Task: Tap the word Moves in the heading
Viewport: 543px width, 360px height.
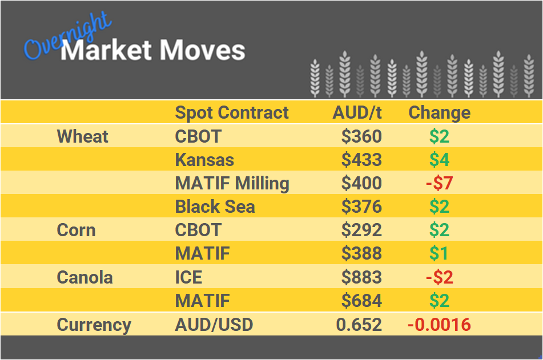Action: point(203,51)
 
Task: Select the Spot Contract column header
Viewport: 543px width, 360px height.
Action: point(232,112)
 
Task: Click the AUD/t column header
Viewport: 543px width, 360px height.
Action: point(357,112)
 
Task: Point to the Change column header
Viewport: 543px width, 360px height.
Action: point(439,112)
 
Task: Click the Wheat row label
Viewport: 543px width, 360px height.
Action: point(83,136)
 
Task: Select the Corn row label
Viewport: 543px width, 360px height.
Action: point(76,230)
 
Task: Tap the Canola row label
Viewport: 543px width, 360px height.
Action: point(85,278)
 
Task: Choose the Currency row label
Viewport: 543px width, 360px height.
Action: point(94,325)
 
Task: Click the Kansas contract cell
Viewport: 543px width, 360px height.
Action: point(204,160)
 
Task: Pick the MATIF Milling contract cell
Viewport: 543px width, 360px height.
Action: point(232,184)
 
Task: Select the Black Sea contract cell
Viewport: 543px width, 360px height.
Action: point(215,207)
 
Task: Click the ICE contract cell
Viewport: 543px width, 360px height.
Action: point(188,278)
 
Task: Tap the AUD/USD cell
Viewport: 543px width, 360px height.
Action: point(214,325)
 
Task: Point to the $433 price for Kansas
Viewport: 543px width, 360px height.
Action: point(361,160)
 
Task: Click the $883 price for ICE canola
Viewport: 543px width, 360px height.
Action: point(361,278)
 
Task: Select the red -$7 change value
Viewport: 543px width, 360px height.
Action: point(439,184)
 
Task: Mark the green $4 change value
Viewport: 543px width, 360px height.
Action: point(439,160)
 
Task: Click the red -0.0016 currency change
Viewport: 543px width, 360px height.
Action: point(439,325)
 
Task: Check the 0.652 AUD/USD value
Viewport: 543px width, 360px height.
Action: point(359,325)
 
